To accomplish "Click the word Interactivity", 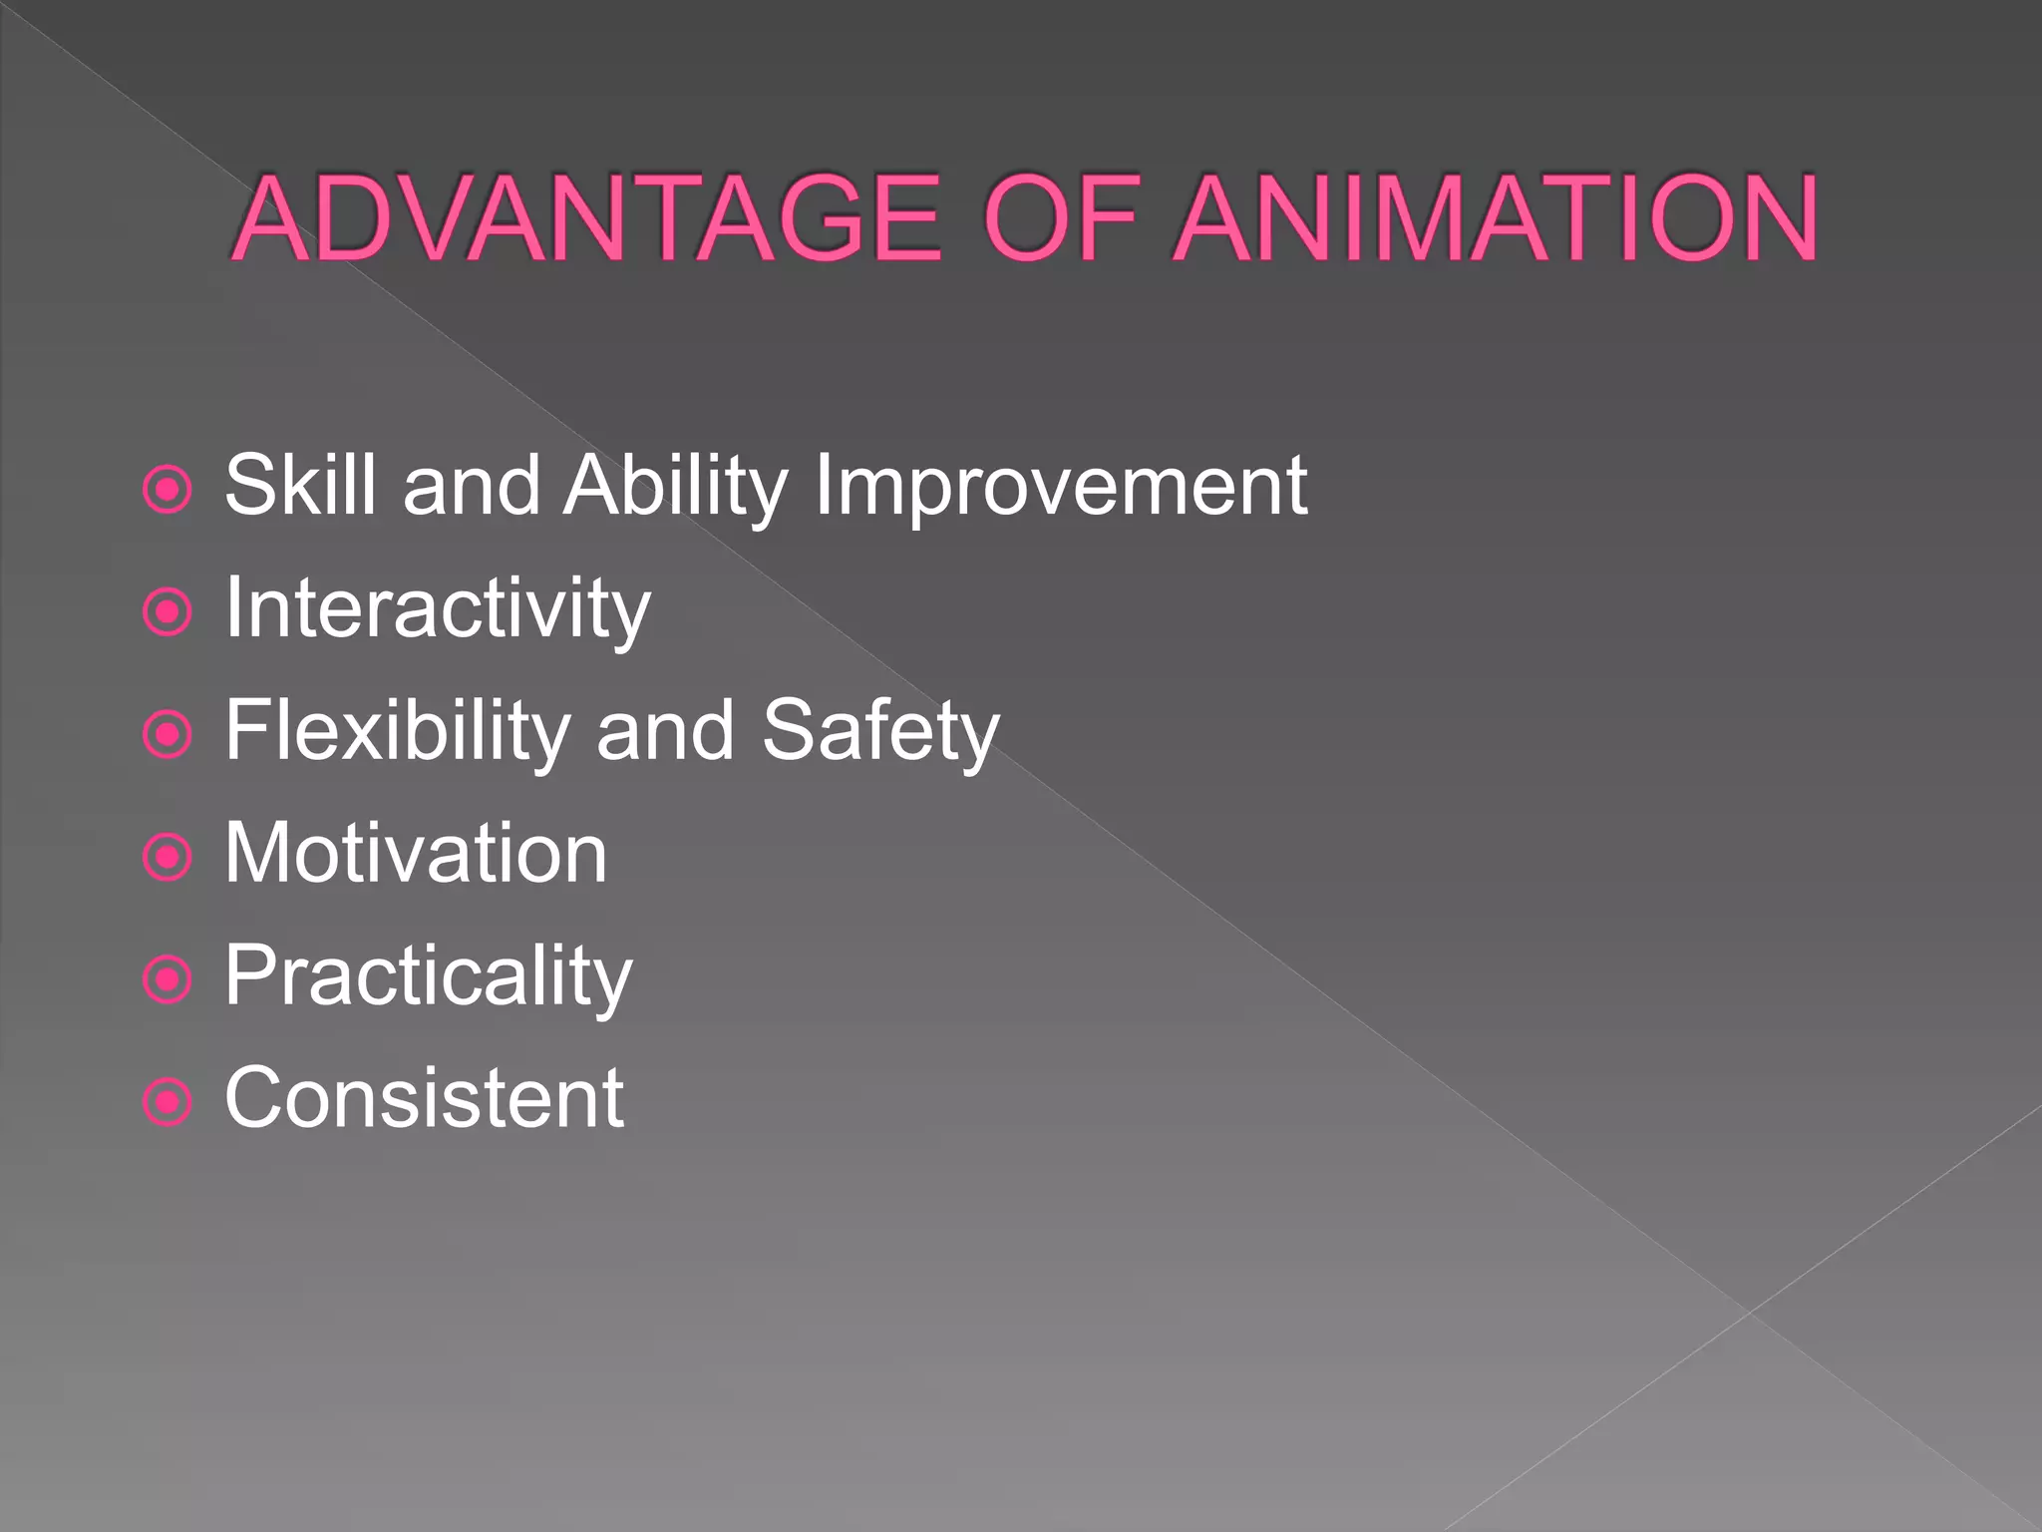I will coord(437,608).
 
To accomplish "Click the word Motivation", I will coord(416,853).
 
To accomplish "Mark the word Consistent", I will coord(425,1098).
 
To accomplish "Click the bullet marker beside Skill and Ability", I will coord(168,490).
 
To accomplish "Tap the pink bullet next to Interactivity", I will coord(168,612).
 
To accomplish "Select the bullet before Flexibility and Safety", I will coord(168,735).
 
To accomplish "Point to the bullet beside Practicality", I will coord(168,979).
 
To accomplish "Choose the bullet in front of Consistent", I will coord(168,1102).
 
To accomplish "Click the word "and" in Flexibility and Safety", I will coord(665,731).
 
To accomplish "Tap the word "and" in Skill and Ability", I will coord(471,486).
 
